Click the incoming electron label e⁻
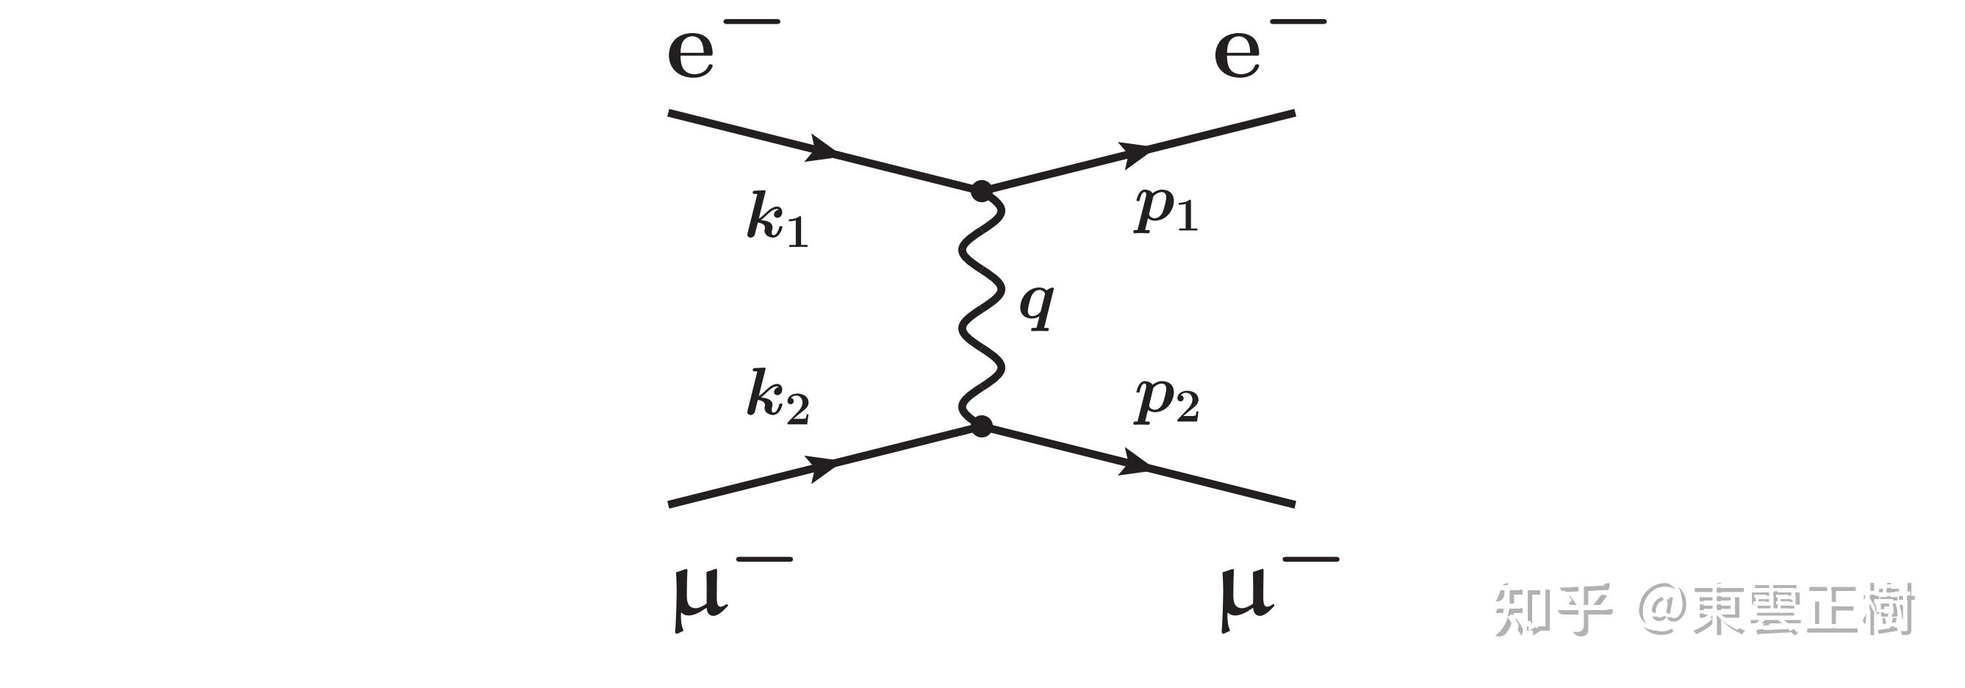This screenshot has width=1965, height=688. point(721,49)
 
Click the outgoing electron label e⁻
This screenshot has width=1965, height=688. point(1268,49)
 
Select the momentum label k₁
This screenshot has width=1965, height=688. point(777,222)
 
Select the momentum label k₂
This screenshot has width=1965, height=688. point(777,397)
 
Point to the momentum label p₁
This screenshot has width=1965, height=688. point(1165,209)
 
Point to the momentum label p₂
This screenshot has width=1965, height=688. point(1165,401)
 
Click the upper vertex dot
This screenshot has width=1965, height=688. point(981,190)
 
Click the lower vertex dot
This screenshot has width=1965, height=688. point(981,426)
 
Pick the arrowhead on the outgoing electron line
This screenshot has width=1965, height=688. point(1135,153)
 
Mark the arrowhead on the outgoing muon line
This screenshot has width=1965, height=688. point(1135,462)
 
